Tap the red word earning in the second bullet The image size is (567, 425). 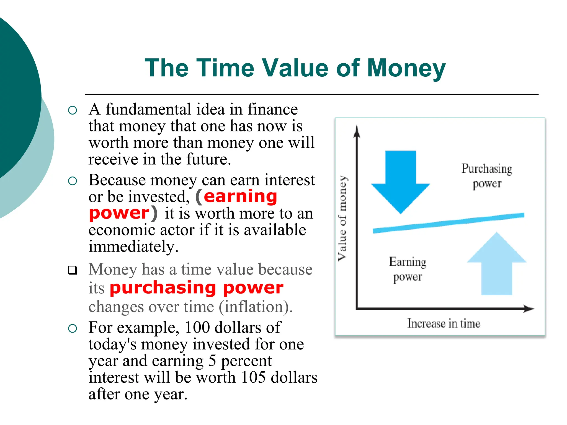pos(240,196)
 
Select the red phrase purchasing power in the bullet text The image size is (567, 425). pos(197,288)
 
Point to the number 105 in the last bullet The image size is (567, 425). pos(253,377)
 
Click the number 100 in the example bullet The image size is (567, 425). pos(197,328)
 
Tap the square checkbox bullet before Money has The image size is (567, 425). pos(73,270)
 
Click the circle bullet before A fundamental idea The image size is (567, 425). pos(72,110)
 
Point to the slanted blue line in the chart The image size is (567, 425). pos(449,223)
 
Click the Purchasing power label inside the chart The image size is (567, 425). pos(487,176)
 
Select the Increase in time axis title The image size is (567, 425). pos(444,323)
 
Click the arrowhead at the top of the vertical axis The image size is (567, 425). pos(357,131)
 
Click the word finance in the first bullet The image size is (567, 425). pos(272,109)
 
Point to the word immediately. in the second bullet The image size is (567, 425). pos(133,247)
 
